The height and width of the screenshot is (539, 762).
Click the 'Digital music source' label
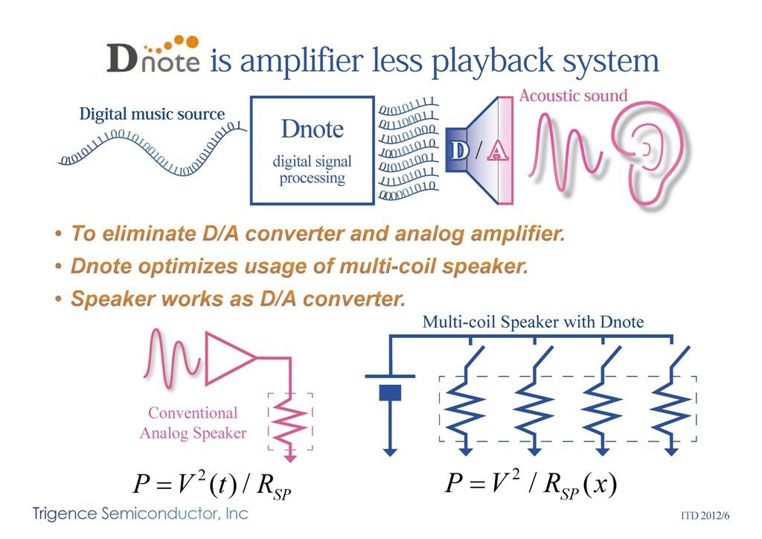coord(152,115)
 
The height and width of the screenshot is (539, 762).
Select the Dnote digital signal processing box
coord(312,149)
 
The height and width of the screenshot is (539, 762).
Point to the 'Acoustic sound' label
coord(573,95)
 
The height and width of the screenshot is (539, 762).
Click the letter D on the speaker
coord(460,150)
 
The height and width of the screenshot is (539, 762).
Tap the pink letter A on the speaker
coord(498,151)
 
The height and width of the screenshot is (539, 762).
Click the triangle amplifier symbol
coord(229,357)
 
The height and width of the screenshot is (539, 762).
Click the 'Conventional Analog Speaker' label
coord(193,423)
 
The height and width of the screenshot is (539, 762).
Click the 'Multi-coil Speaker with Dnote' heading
coord(533,322)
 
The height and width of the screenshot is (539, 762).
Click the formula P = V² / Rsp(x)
coord(531,484)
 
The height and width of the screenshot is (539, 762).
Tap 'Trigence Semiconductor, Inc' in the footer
coord(140,513)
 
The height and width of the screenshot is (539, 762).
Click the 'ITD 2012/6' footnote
coord(707,514)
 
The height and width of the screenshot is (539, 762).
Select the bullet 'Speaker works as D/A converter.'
coord(237,299)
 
